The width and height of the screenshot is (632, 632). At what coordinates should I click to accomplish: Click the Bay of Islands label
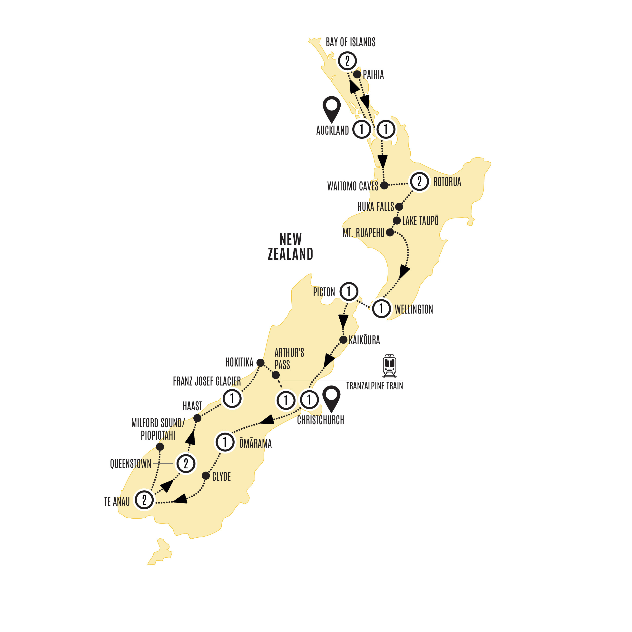[350, 42]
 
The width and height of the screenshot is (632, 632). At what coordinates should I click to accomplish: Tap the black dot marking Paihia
[357, 74]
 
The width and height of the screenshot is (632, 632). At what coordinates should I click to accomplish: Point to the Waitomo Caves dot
[384, 186]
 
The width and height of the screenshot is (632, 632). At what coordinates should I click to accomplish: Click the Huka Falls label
[375, 207]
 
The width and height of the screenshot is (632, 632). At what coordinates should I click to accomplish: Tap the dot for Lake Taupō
[397, 220]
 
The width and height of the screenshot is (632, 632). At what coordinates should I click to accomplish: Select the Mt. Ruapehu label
[364, 233]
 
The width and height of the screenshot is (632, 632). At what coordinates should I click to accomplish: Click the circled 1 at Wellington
[381, 308]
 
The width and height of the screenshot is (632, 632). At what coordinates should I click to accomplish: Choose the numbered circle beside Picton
[349, 291]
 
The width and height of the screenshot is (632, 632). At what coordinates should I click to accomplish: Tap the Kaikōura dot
[343, 340]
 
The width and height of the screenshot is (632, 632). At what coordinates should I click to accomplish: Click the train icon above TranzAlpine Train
[389, 365]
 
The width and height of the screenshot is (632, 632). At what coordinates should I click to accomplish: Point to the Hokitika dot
[260, 363]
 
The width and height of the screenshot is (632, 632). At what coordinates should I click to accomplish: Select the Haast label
[192, 406]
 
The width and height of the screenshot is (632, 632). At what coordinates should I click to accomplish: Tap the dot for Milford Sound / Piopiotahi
[160, 446]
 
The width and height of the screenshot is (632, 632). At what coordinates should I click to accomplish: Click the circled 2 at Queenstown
[186, 463]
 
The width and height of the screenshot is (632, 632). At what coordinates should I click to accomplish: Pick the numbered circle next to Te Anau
[144, 500]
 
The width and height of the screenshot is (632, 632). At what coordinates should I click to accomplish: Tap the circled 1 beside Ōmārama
[225, 442]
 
